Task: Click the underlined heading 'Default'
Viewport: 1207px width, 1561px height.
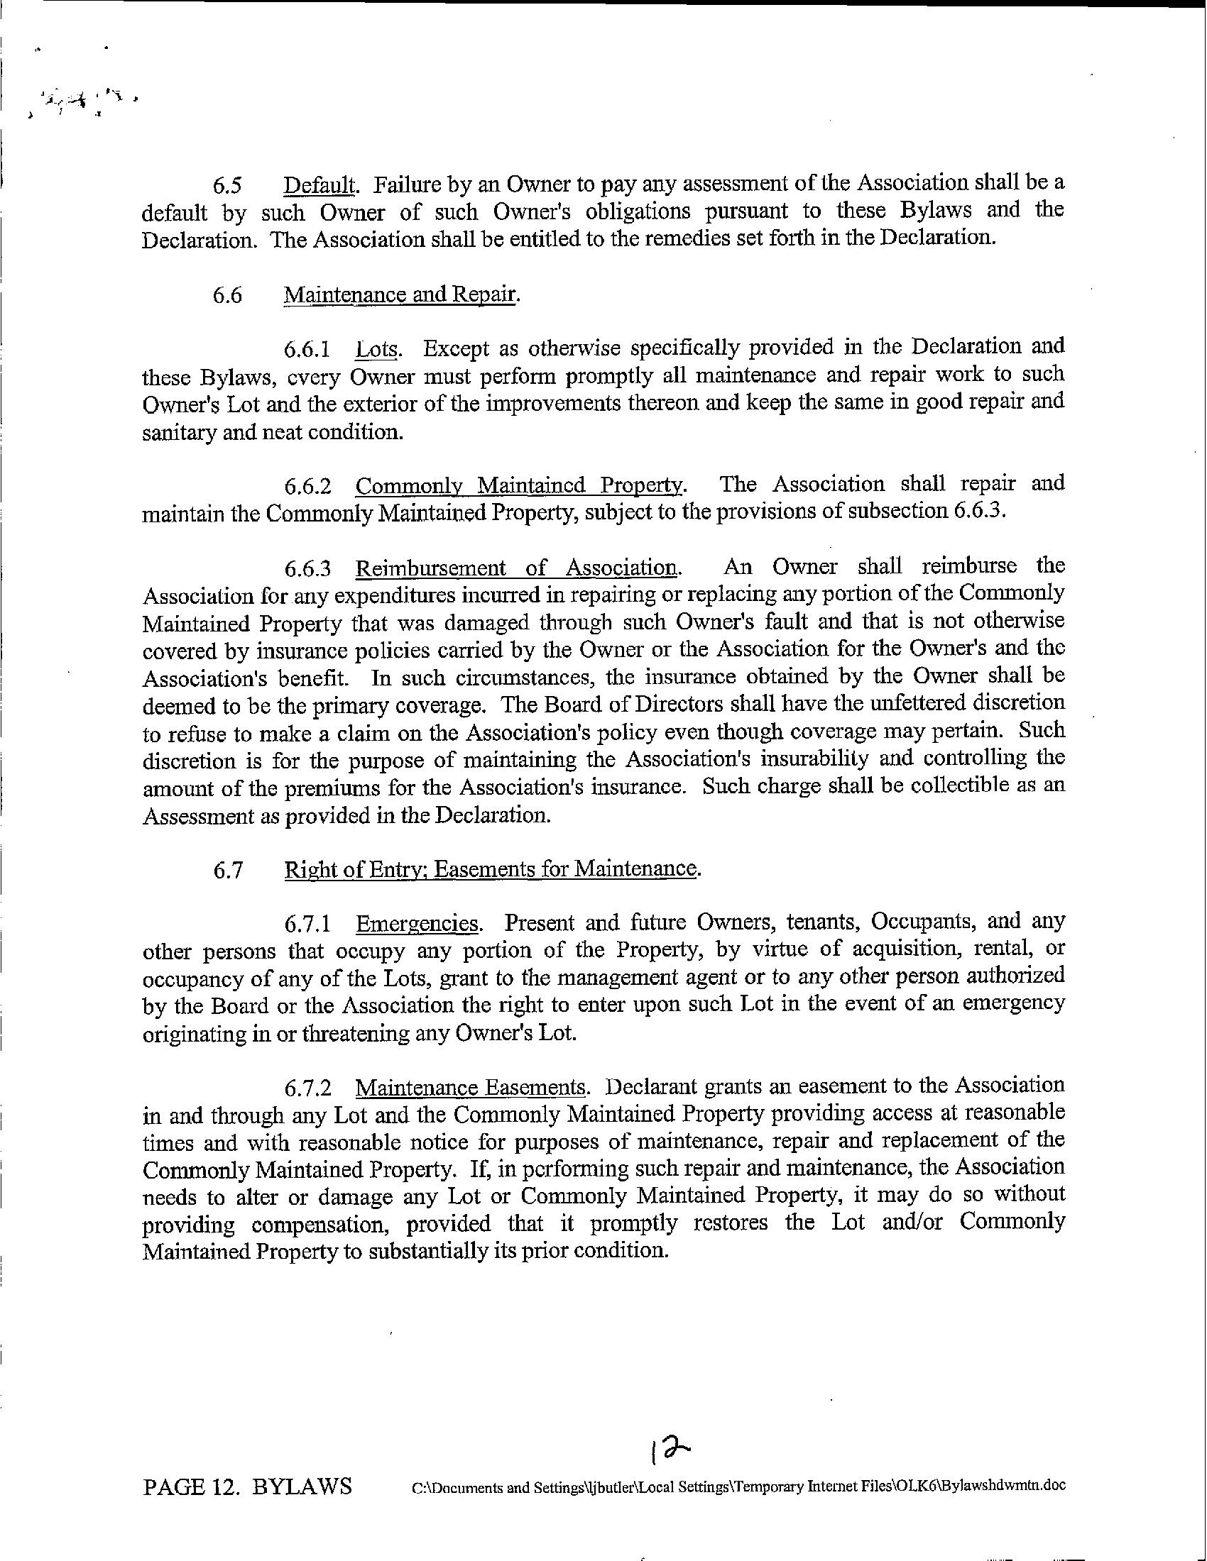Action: [319, 184]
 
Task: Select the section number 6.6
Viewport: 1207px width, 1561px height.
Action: [226, 295]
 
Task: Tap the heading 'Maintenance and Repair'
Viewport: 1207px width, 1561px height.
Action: [400, 295]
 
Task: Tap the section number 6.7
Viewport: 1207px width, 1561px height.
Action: [226, 870]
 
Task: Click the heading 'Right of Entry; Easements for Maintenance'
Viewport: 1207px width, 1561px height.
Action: [491, 869]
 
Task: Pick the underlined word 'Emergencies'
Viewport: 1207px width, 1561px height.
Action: [417, 923]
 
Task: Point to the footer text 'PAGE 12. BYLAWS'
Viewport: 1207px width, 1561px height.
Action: [247, 1486]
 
